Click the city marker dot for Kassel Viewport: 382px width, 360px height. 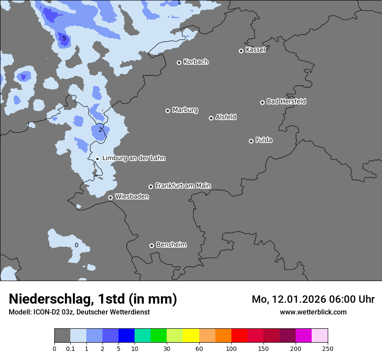coord(241,51)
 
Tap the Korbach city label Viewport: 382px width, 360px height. coord(196,62)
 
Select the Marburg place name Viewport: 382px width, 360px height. coord(185,110)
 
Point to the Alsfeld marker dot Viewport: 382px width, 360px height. coord(211,118)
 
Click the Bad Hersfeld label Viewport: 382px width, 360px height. coord(286,101)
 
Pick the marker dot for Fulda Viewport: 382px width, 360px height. coord(251,141)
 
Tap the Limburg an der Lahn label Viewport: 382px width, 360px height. coord(134,158)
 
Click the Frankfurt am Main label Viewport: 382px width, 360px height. coord(183,186)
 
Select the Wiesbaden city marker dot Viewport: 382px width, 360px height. coord(110,197)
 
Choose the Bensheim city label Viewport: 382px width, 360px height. coord(171,245)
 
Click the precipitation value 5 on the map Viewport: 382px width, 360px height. coord(64,39)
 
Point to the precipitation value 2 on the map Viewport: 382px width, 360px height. coord(100,130)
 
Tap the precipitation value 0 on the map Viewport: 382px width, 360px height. coord(76,245)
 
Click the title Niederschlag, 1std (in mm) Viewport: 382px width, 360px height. coord(93,299)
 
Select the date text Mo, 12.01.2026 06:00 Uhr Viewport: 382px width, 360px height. coord(313,299)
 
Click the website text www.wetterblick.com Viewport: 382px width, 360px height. coord(313,312)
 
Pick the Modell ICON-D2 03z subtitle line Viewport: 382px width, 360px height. coord(79,312)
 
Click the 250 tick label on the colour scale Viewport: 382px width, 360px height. coord(328,348)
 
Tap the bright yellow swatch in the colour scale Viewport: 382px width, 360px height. coord(191,336)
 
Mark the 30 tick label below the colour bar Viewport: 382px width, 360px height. coord(167,348)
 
